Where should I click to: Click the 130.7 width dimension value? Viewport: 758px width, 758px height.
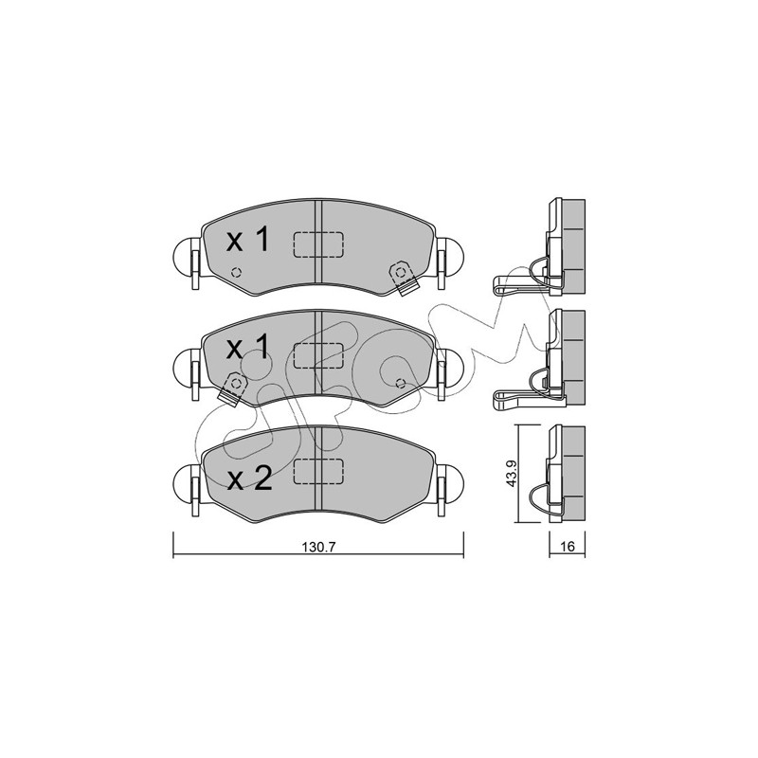318,548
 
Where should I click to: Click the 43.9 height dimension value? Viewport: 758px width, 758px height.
512,473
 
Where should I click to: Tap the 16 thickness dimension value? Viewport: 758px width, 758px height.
568,547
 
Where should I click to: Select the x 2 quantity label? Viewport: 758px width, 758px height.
249,479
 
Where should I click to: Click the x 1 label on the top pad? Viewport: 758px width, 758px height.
247,241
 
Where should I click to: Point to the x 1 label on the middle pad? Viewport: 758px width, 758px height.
247,348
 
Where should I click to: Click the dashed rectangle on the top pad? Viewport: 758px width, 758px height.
318,244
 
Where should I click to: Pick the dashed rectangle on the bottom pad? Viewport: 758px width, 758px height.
318,471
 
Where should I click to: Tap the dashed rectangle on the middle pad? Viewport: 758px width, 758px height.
318,356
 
